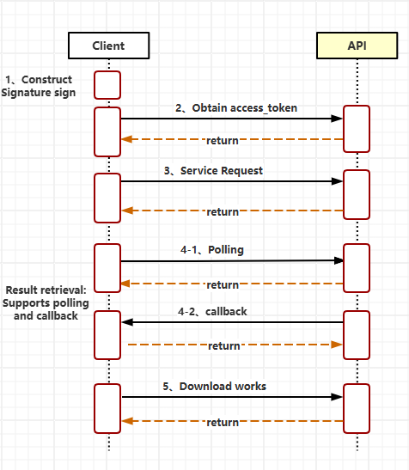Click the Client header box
108,46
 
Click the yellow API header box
357,46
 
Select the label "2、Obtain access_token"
236,108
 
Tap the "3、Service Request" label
213,171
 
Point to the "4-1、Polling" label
212,250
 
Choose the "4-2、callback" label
212,312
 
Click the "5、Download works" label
215,387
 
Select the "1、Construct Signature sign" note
39,86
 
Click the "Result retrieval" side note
46,302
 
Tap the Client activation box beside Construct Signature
107,85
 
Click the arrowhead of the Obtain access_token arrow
337,119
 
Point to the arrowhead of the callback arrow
127,322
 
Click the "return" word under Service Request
223,212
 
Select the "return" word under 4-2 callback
224,346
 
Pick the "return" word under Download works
223,423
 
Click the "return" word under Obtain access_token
223,141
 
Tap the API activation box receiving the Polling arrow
357,268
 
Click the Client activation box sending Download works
107,408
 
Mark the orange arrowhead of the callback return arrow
337,345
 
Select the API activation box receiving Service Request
357,194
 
